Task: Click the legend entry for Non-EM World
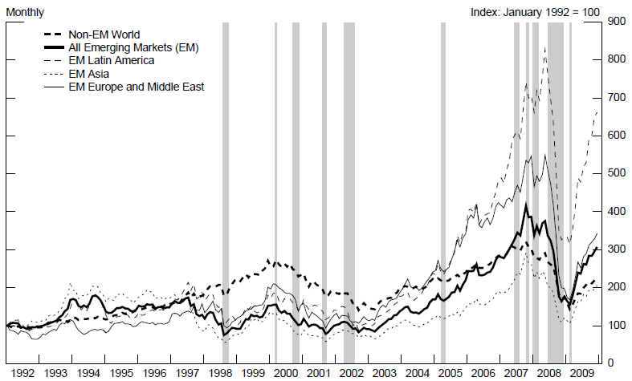pyautogui.click(x=104, y=34)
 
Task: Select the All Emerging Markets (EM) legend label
pyautogui.click(x=133, y=47)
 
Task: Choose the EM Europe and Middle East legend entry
pyautogui.click(x=137, y=86)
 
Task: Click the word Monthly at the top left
pyautogui.click(x=25, y=13)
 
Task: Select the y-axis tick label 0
pyautogui.click(x=611, y=363)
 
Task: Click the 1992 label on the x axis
pyautogui.click(x=22, y=374)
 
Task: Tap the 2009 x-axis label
pyautogui.click(x=582, y=374)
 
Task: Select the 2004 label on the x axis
pyautogui.click(x=418, y=374)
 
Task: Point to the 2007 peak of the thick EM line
pyautogui.click(x=525, y=205)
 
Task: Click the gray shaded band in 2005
pyautogui.click(x=442, y=193)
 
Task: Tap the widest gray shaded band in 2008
pyautogui.click(x=555, y=193)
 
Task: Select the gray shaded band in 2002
pyautogui.click(x=349, y=193)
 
